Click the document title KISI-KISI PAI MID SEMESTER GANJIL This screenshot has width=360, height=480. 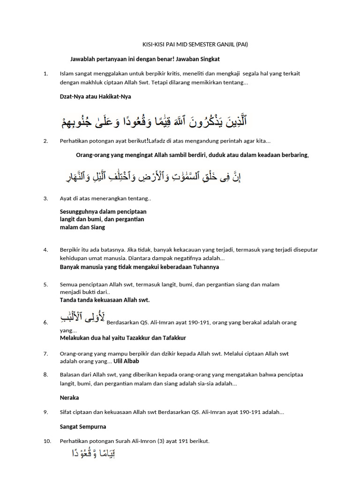click(x=195, y=45)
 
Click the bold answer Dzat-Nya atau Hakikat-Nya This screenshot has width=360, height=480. click(x=95, y=97)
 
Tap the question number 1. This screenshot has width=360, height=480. click(x=45, y=74)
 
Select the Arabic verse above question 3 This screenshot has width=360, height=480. click(x=154, y=177)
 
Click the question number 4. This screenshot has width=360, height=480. click(x=45, y=250)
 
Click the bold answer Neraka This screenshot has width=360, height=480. click(x=69, y=397)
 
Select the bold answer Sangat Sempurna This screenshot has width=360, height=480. click(x=83, y=427)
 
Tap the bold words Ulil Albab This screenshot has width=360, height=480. click(x=126, y=361)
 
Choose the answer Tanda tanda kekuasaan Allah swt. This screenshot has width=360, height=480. click(x=105, y=300)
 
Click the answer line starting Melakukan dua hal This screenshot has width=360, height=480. click(x=123, y=337)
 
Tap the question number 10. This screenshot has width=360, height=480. click(x=47, y=441)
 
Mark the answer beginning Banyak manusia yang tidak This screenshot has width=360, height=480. click(x=139, y=267)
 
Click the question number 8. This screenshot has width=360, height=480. click(x=45, y=375)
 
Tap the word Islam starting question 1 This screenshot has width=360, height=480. click(x=66, y=74)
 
